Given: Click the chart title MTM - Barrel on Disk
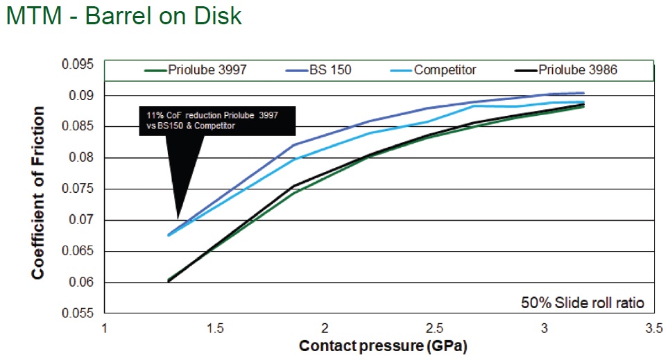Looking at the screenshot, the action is pyautogui.click(x=124, y=16).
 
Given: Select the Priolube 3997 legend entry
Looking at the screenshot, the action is pyautogui.click(x=196, y=70).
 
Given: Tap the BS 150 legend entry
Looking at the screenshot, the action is pyautogui.click(x=318, y=70).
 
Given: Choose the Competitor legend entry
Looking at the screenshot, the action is pyautogui.click(x=434, y=70).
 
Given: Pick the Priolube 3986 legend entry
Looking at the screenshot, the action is pyautogui.click(x=566, y=70).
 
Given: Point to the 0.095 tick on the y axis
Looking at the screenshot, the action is pyautogui.click(x=78, y=65).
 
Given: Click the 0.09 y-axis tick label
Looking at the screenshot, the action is pyautogui.click(x=81, y=96).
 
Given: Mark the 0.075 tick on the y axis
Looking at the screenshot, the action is pyautogui.click(x=78, y=189).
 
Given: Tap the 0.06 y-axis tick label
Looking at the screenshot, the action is pyautogui.click(x=81, y=282).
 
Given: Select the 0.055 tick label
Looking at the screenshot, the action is pyautogui.click(x=78, y=313).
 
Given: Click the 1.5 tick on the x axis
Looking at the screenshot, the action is pyautogui.click(x=215, y=329).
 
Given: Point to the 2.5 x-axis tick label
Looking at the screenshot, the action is pyautogui.click(x=434, y=329).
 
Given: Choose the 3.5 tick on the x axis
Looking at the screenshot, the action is pyautogui.click(x=654, y=329).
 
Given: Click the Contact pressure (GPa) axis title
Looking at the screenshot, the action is pyautogui.click(x=383, y=345).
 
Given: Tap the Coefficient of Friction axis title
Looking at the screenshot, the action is pyautogui.click(x=37, y=193).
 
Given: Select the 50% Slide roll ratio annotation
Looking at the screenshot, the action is pyautogui.click(x=583, y=302).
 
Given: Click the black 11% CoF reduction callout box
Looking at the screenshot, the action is pyautogui.click(x=217, y=121).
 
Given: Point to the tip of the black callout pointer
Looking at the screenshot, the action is pyautogui.click(x=179, y=218).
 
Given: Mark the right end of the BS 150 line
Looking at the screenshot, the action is pyautogui.click(x=583, y=93).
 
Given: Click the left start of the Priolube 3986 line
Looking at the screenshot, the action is pyautogui.click(x=169, y=281).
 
